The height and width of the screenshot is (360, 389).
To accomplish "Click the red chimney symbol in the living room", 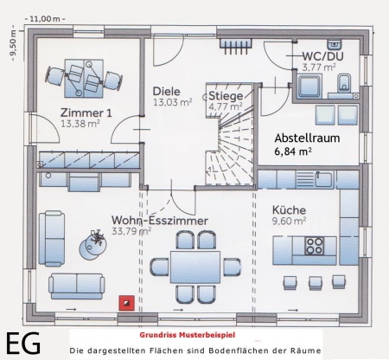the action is coord(127,303).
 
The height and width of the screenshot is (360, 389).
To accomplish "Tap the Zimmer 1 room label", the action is coord(86,112).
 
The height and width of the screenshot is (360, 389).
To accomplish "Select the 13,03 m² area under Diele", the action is coord(172,102).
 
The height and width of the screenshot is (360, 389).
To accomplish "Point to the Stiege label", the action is coord(226,96).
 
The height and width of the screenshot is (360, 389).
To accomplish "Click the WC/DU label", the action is coord(322,56).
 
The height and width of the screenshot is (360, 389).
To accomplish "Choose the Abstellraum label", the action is coord(307,138).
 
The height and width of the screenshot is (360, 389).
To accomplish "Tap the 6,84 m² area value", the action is coord(293,151).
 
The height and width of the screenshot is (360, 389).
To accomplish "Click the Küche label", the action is coord(289,210).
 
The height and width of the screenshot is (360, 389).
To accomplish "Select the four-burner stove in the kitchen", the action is coord(315,246).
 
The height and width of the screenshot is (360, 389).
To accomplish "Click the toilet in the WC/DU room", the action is coord(344,82).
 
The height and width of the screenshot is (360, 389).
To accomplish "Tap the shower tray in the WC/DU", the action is coord(309,86).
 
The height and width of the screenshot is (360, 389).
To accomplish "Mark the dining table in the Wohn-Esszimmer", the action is coord(195,267).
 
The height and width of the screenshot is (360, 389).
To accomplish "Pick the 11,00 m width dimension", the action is coord(45,19).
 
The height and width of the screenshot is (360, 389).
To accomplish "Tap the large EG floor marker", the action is coord(23,344).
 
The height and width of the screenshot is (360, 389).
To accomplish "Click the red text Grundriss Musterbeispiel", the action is coord(188,335).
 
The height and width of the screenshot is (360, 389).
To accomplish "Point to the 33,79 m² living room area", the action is coord(131,231).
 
